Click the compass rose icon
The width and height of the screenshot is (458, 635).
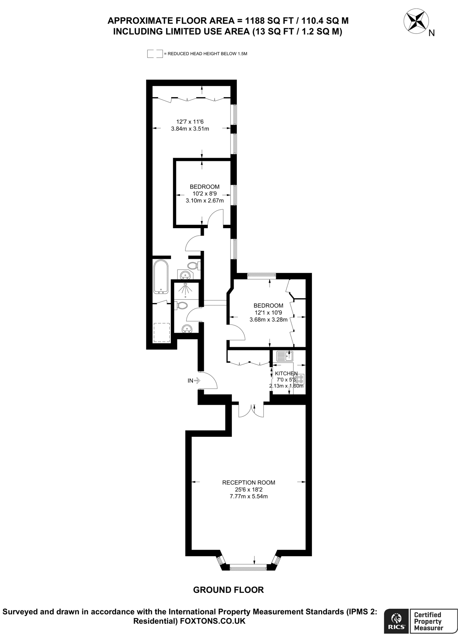point(416,22)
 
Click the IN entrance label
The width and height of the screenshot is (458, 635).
point(190,380)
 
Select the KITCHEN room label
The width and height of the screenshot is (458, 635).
point(286,374)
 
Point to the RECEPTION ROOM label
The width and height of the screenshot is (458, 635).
point(248,482)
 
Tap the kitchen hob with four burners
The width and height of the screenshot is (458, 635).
point(299,379)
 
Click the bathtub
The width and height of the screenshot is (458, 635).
point(161,277)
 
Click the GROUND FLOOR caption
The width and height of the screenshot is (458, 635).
point(228,590)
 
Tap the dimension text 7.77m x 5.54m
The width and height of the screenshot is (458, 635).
point(248,496)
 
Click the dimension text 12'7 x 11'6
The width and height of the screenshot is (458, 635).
point(190,122)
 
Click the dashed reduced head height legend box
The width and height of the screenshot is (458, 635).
point(155,54)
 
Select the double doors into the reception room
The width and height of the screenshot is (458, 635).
point(251,410)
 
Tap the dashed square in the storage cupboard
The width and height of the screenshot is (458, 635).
point(162,332)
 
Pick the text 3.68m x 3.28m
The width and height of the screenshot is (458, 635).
point(268,319)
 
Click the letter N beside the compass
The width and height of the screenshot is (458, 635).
point(431,33)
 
